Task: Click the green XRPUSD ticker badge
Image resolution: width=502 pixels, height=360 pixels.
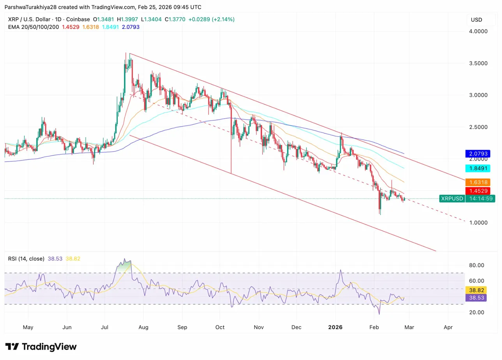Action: tap(452, 199)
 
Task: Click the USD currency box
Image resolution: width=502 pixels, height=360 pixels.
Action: tap(476, 20)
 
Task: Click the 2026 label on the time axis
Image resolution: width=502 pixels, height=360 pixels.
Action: tap(335, 327)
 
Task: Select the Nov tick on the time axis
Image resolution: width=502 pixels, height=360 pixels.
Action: tap(259, 327)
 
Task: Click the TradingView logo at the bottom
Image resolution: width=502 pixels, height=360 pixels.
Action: tap(41, 347)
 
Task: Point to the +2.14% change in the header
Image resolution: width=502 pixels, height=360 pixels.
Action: tap(223, 19)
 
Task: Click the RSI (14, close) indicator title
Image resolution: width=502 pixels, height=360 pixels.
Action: tap(27, 258)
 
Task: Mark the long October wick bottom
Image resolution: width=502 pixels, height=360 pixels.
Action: tap(231, 173)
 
